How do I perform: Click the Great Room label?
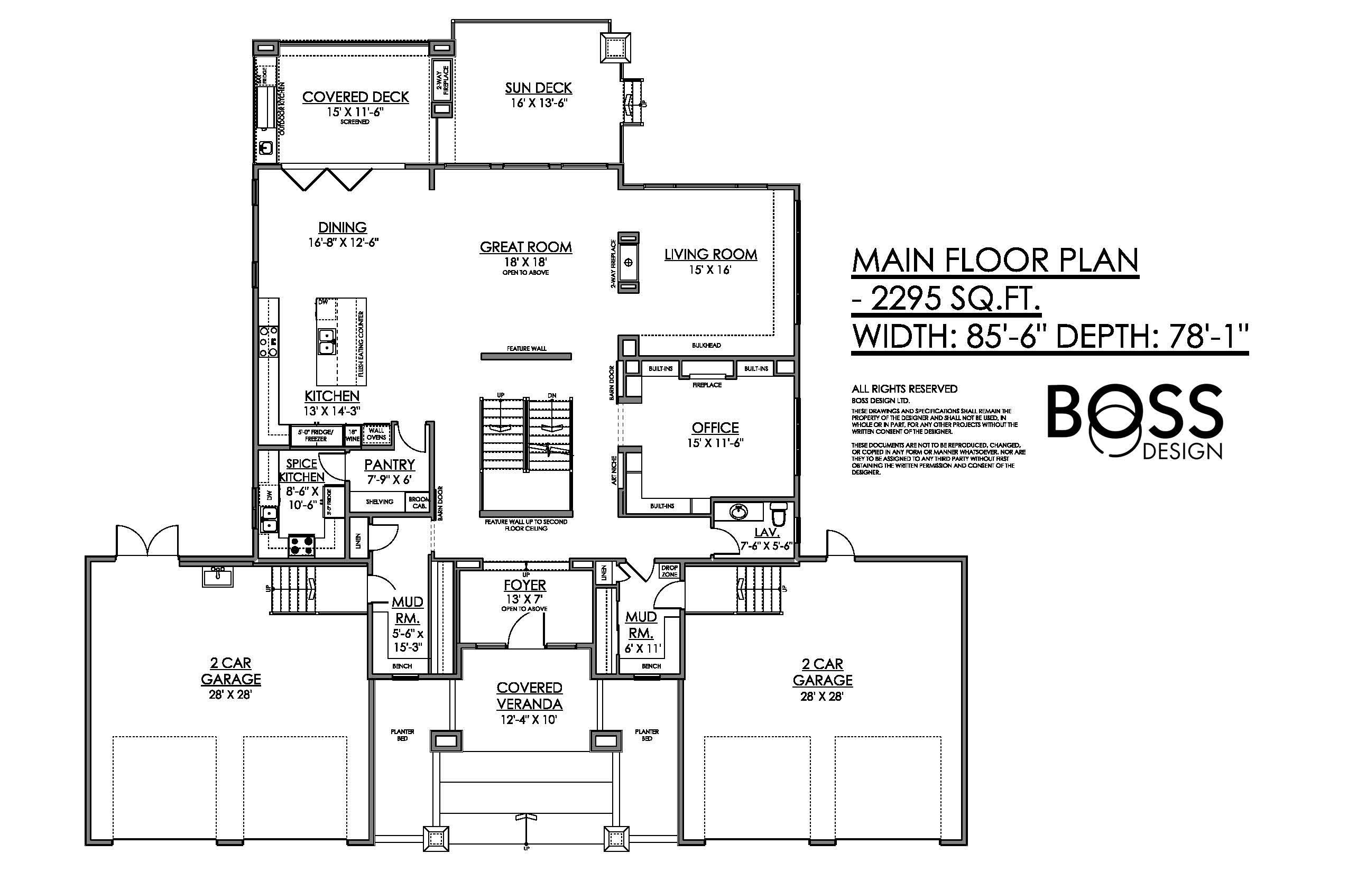[x=525, y=247]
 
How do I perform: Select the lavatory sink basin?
[x=738, y=512]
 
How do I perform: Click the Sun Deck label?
[x=538, y=88]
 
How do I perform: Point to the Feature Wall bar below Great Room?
[x=526, y=356]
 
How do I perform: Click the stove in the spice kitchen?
[x=301, y=545]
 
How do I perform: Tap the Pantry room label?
[x=389, y=465]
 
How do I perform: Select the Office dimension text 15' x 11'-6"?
[x=715, y=443]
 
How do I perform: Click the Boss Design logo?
[x=1133, y=420]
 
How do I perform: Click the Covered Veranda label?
[x=529, y=695]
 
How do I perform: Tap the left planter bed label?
[x=402, y=735]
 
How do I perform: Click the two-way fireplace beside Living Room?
[x=628, y=262]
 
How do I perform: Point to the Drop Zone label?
[x=669, y=571]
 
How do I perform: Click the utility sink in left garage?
[x=217, y=577]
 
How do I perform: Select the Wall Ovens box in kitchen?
[x=376, y=434]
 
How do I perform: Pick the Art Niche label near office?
[x=614, y=470]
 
